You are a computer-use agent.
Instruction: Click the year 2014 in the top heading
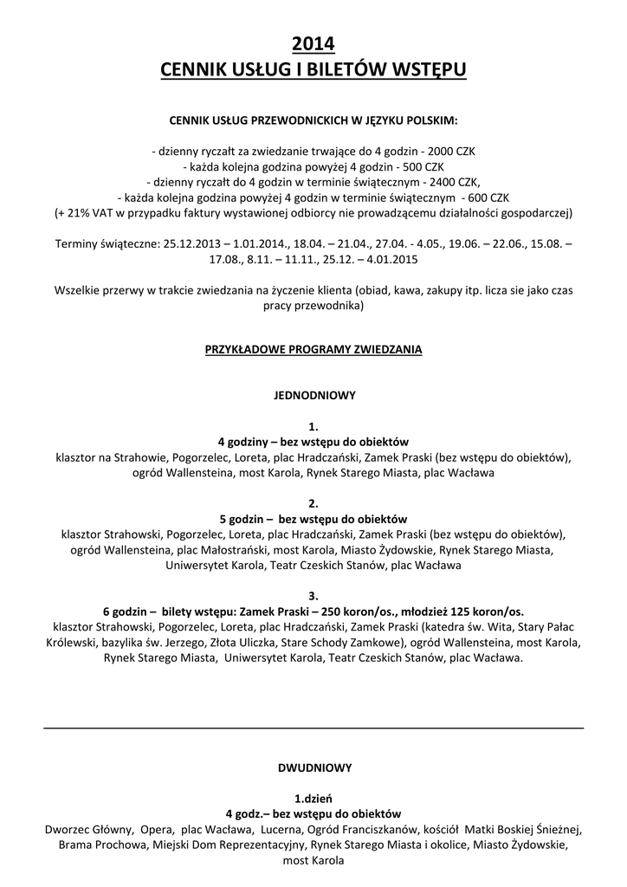pyautogui.click(x=313, y=43)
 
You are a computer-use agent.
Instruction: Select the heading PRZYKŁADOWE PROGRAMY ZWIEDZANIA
pyautogui.click(x=313, y=350)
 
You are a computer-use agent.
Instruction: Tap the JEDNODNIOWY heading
pyautogui.click(x=313, y=395)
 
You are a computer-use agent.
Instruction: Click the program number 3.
pyautogui.click(x=313, y=595)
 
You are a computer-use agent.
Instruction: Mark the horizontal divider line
pyautogui.click(x=313, y=728)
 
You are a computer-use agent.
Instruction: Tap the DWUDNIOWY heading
pyautogui.click(x=313, y=767)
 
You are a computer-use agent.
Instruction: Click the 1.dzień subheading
pyautogui.click(x=313, y=798)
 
